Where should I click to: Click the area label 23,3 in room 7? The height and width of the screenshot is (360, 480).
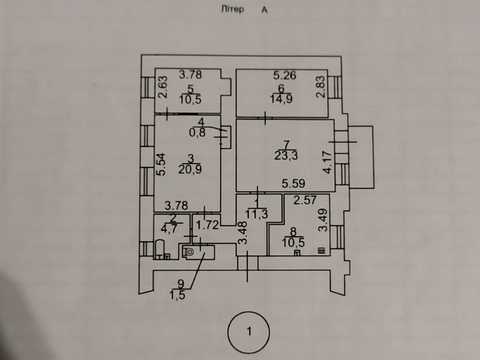pyautogui.click(x=286, y=155)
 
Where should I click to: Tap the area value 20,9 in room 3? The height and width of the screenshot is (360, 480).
pyautogui.click(x=190, y=169)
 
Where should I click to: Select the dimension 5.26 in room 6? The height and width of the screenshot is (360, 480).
pyautogui.click(x=285, y=75)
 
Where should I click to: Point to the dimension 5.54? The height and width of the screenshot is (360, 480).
pyautogui.click(x=161, y=164)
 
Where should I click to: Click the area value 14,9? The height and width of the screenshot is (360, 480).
pyautogui.click(x=282, y=99)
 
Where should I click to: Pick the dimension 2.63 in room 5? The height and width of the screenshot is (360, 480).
pyautogui.click(x=163, y=87)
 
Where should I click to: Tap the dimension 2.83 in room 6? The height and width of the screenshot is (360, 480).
pyautogui.click(x=320, y=87)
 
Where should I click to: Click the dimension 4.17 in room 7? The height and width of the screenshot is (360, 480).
pyautogui.click(x=328, y=162)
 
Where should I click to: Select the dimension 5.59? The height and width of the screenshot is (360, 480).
pyautogui.click(x=293, y=183)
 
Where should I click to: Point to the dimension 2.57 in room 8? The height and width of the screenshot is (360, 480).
pyautogui.click(x=305, y=200)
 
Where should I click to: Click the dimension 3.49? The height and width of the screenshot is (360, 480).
pyautogui.click(x=323, y=220)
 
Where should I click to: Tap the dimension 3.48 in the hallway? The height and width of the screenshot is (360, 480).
pyautogui.click(x=243, y=233)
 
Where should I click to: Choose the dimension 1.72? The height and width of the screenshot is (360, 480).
pyautogui.click(x=207, y=225)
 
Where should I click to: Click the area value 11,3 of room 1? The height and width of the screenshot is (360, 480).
pyautogui.click(x=257, y=214)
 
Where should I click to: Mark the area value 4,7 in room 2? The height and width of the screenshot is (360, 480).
pyautogui.click(x=169, y=229)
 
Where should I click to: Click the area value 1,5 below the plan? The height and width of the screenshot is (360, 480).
pyautogui.click(x=178, y=295)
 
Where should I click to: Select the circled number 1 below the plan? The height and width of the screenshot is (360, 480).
pyautogui.click(x=249, y=332)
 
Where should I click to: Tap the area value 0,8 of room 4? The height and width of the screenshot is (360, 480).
pyautogui.click(x=197, y=133)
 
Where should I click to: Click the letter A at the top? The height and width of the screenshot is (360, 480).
pyautogui.click(x=264, y=10)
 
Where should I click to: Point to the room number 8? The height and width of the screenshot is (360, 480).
pyautogui.click(x=293, y=231)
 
